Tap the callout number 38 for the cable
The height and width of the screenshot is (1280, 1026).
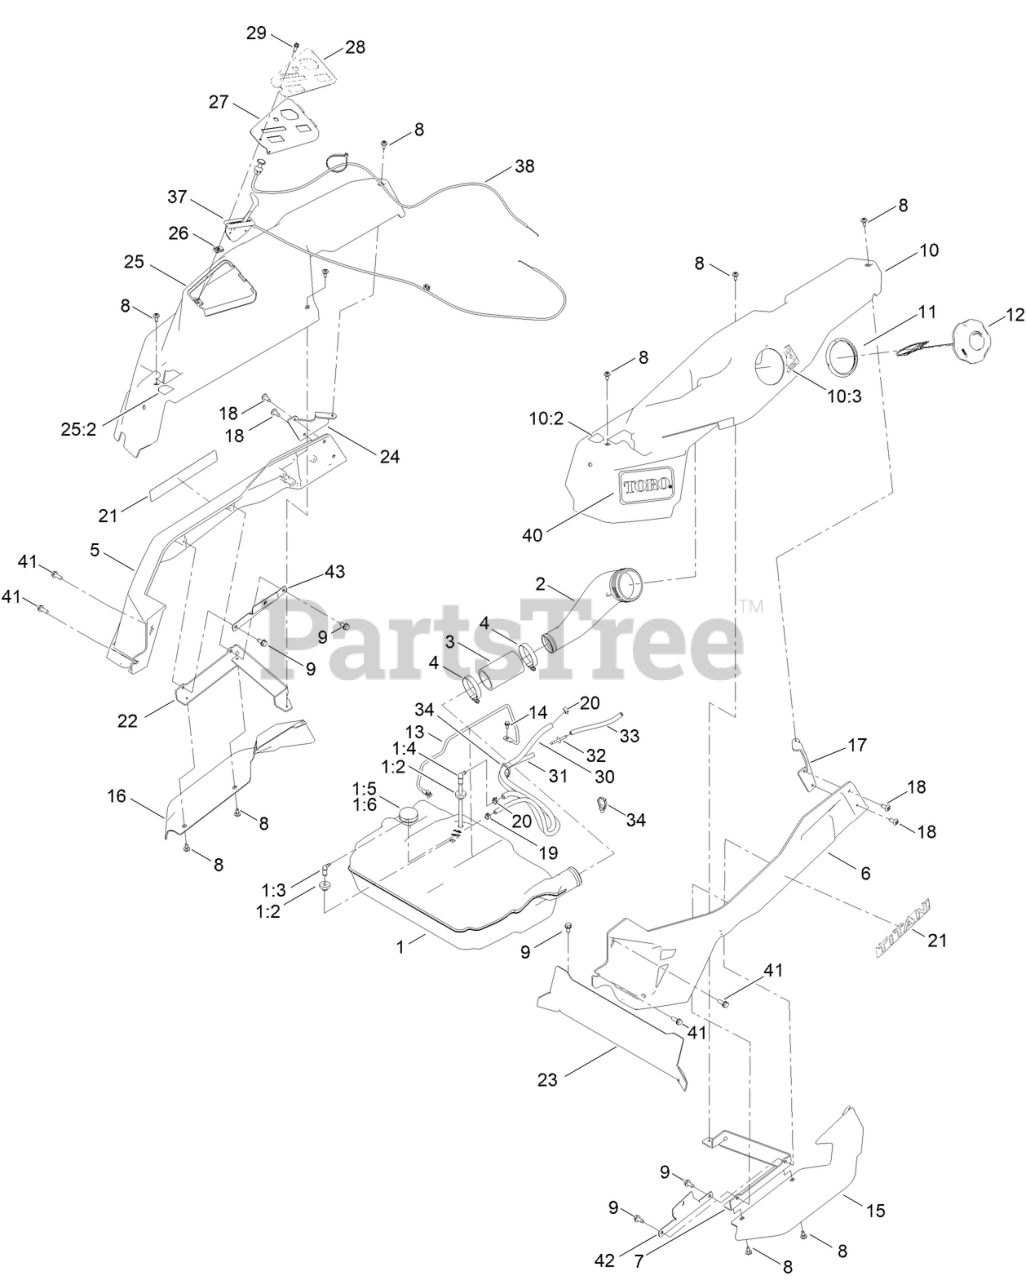[524, 167]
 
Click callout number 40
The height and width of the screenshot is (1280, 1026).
[532, 535]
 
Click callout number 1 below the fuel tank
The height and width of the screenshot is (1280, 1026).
[402, 945]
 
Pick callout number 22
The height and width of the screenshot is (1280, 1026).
[127, 721]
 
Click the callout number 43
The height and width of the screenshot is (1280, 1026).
[334, 571]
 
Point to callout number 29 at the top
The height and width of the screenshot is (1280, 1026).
[256, 33]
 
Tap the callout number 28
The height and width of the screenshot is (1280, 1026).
[356, 47]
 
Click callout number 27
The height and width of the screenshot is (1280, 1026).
[219, 102]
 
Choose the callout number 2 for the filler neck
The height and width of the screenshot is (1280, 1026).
[541, 584]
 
